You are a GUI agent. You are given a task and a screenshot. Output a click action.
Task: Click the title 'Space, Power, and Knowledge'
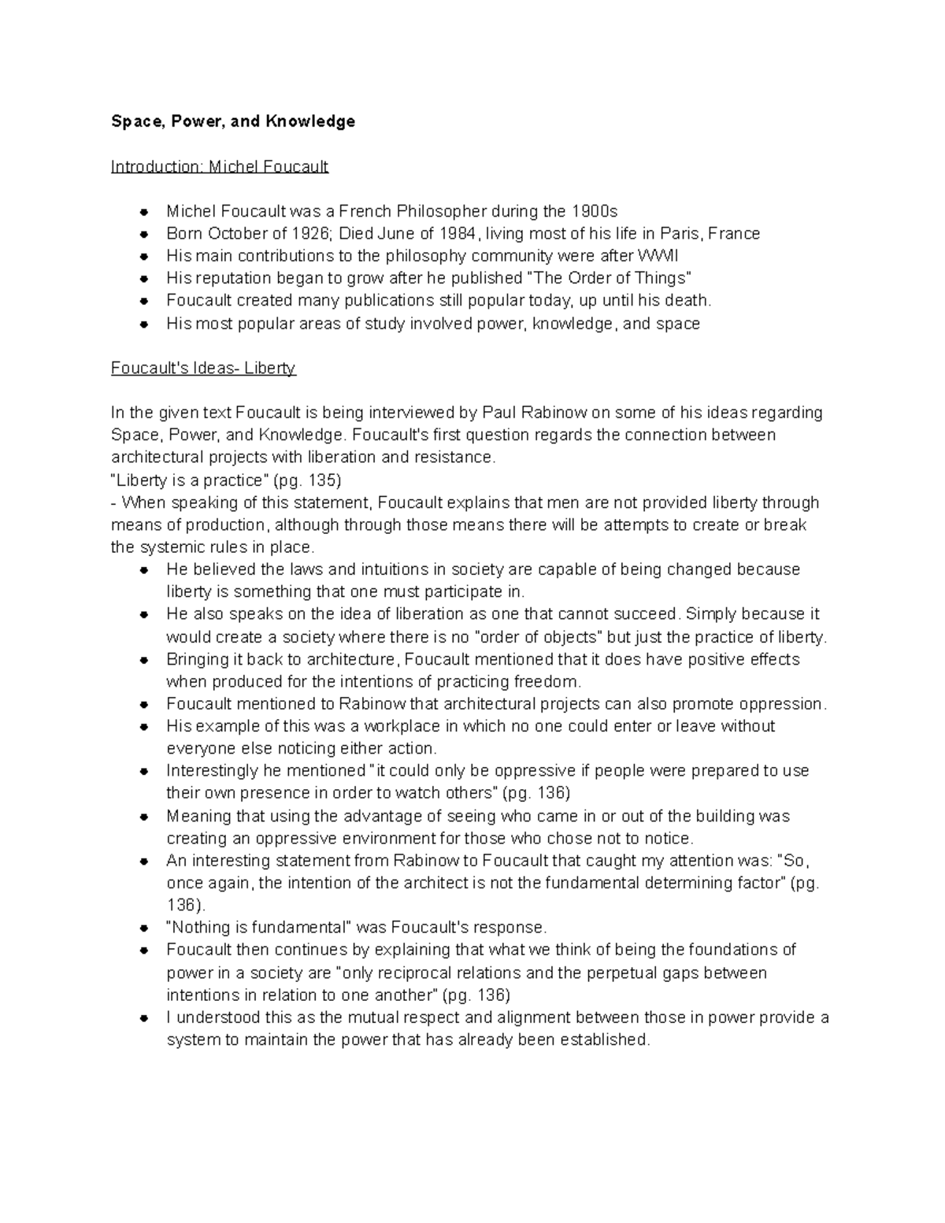pos(233,121)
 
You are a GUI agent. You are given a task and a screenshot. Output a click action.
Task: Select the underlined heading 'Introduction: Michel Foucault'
pos(220,166)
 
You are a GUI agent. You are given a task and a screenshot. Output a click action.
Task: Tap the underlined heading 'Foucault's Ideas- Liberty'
pos(203,368)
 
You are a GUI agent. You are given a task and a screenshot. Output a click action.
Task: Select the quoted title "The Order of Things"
pos(607,278)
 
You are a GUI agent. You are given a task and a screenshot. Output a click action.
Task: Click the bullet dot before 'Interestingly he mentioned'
pos(143,772)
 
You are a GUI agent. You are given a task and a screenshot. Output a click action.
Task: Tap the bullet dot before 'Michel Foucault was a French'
pos(143,212)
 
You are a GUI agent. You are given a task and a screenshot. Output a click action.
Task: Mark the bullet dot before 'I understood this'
pos(143,1018)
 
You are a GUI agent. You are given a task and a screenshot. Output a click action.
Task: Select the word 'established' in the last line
pos(604,1040)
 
